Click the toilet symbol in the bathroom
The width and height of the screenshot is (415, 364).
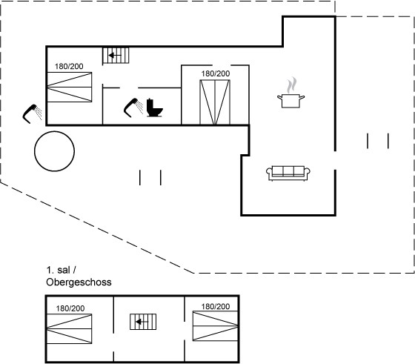point(155,107)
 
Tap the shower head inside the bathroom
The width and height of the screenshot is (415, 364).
point(133,107)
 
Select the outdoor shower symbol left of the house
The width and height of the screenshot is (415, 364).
point(32,114)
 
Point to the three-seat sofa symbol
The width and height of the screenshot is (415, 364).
point(288,173)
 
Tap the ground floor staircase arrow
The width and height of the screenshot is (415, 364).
point(115,56)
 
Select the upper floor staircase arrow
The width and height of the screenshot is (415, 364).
point(142,322)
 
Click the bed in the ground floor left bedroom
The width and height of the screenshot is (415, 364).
point(70,87)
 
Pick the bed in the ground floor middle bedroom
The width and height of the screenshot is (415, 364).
point(215,102)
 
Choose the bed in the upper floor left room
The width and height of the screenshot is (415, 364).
point(70,329)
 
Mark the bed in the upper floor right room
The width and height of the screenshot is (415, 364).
point(215,326)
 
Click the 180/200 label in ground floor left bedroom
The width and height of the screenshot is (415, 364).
point(69,66)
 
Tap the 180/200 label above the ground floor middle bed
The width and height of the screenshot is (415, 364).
point(216,73)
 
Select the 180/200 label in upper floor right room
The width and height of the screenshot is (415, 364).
point(216,307)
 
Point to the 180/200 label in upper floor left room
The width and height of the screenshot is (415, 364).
point(70,308)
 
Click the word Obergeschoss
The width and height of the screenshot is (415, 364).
point(79,282)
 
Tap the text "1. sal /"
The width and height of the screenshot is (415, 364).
point(62,271)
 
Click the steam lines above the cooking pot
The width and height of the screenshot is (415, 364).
point(291,85)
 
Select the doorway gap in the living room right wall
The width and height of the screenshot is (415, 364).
point(335,160)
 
